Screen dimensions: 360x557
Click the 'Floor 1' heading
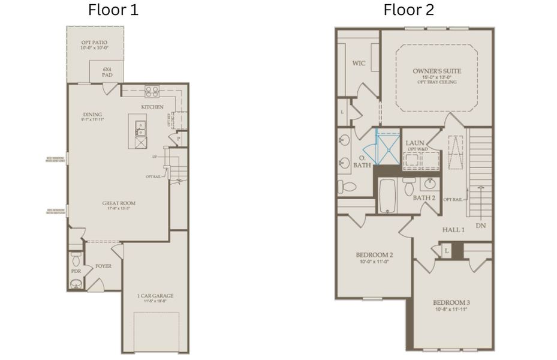(113, 10)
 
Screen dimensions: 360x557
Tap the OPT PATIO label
(94, 43)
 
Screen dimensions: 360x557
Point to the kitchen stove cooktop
(152, 92)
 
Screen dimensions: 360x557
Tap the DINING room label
(93, 115)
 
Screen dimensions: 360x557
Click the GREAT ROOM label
(119, 203)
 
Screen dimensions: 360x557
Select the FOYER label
(103, 266)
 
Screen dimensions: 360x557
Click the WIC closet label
(359, 62)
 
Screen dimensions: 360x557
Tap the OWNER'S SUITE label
(436, 71)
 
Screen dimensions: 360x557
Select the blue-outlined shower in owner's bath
(387, 147)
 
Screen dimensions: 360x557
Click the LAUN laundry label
(415, 143)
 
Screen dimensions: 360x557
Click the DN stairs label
(480, 226)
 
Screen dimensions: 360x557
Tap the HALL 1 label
(454, 230)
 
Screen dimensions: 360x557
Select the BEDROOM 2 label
(374, 254)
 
